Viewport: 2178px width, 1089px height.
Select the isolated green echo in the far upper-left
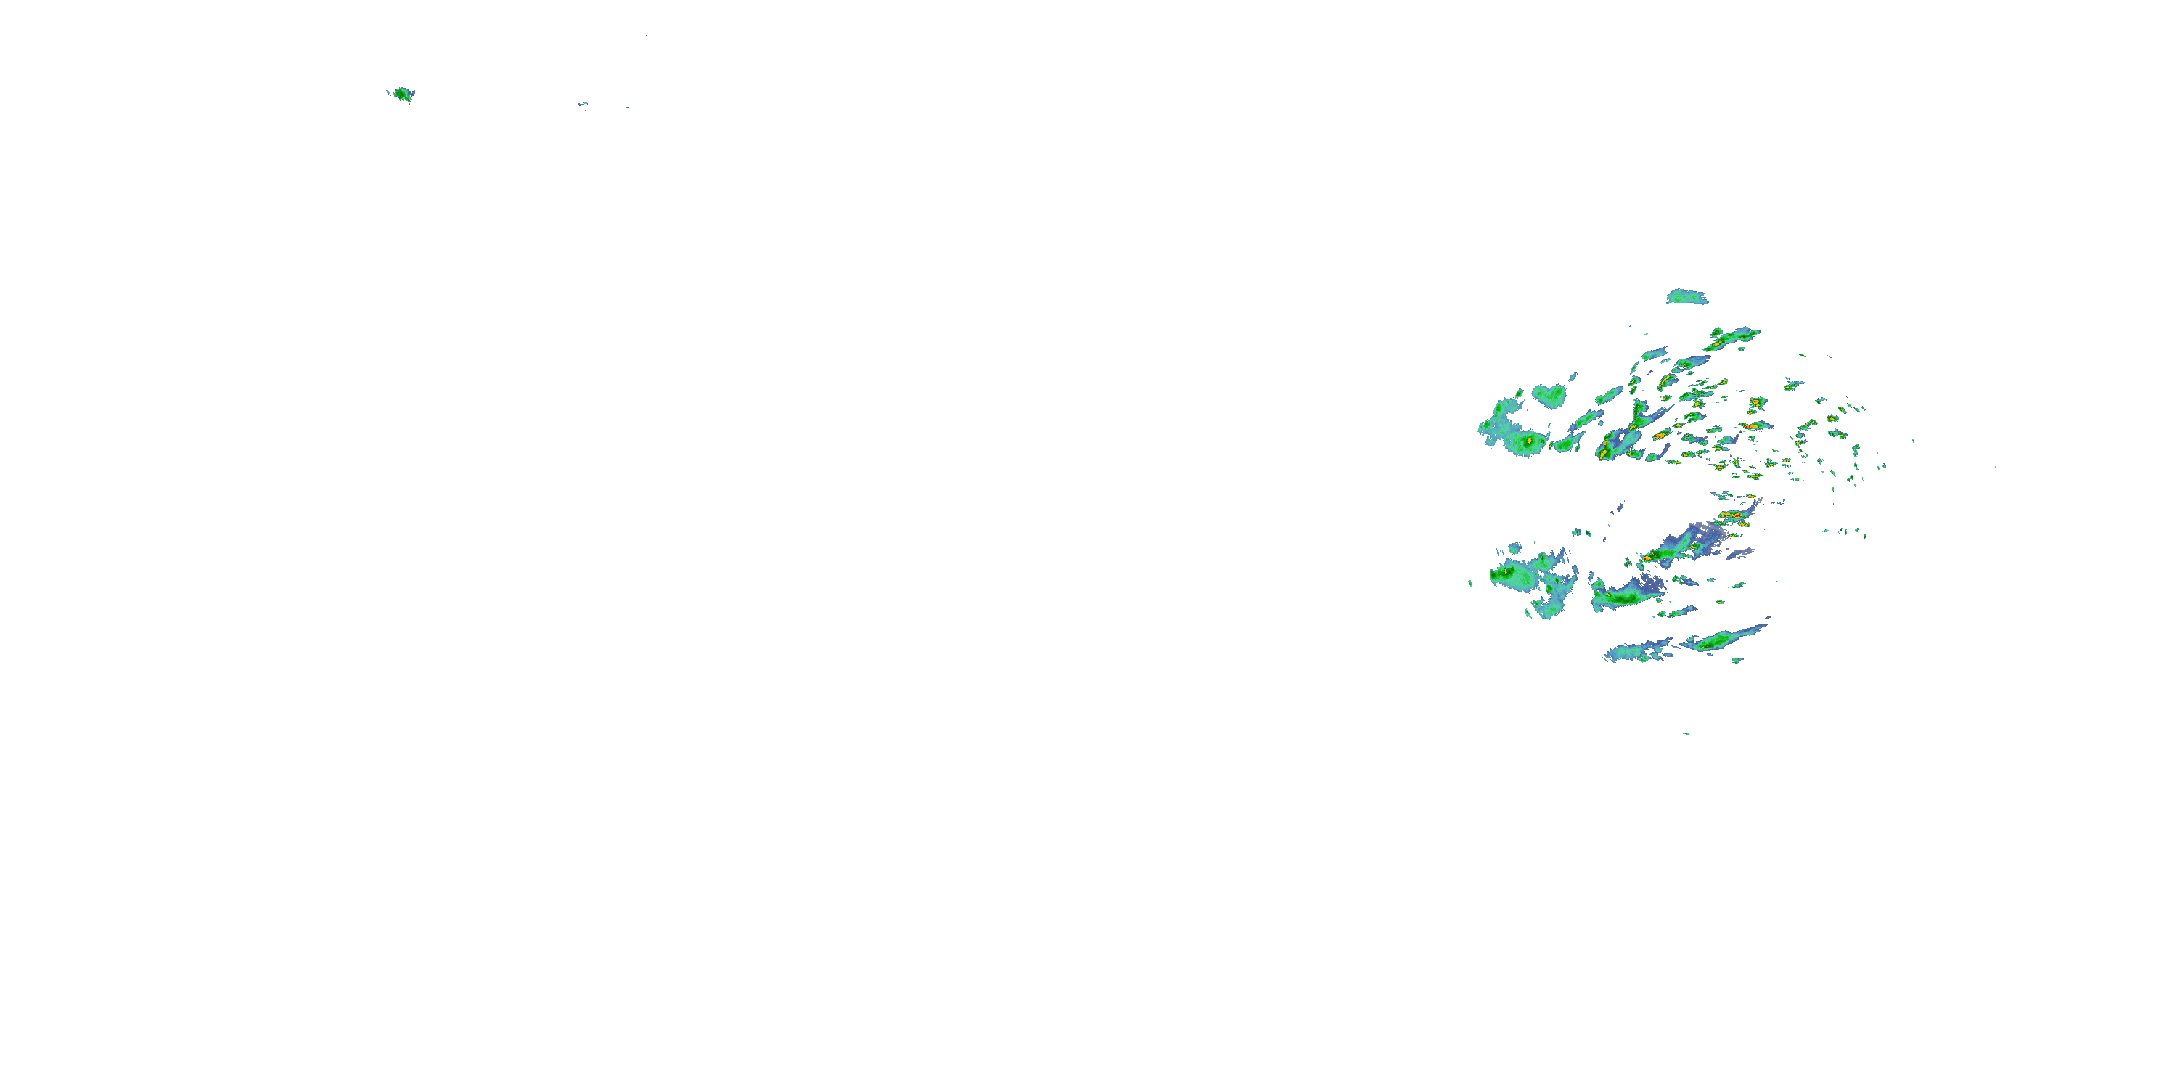coord(401,94)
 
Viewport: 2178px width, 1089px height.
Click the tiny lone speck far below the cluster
coord(1685,733)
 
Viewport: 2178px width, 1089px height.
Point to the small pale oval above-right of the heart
coord(1573,378)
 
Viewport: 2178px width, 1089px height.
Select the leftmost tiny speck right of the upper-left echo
coord(582,105)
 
